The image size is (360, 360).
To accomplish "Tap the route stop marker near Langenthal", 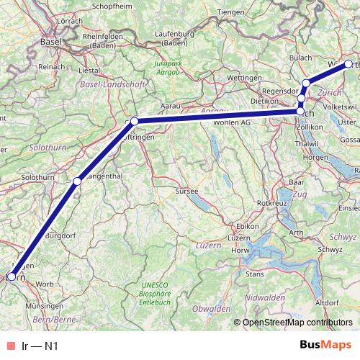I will (77, 181).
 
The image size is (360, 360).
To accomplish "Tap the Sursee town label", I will (187, 192).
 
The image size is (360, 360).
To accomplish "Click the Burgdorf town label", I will (60, 235).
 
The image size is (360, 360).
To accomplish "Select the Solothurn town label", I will (38, 177).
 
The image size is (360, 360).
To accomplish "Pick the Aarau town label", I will (169, 106).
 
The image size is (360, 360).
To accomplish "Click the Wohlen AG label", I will (230, 123).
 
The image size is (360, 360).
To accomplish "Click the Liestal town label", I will (89, 71).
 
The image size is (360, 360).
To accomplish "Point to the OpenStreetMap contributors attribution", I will (299, 322).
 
